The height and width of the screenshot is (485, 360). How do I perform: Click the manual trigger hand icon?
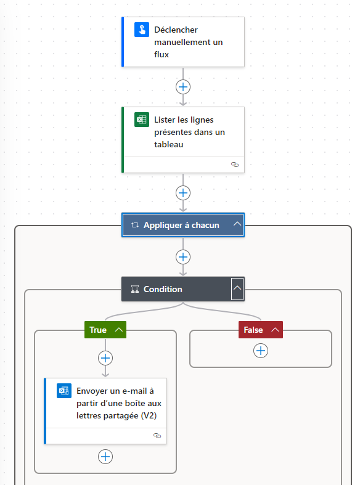click(x=142, y=30)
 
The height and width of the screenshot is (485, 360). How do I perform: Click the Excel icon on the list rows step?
click(x=142, y=120)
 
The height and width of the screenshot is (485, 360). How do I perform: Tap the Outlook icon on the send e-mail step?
click(x=64, y=391)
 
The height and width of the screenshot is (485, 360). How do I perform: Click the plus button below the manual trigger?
click(x=183, y=87)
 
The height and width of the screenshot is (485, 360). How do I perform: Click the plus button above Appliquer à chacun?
click(x=183, y=193)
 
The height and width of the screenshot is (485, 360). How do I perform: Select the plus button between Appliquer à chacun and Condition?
click(x=183, y=257)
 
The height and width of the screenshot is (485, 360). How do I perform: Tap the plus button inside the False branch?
click(x=261, y=351)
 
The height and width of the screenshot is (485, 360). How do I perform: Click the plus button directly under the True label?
click(x=105, y=358)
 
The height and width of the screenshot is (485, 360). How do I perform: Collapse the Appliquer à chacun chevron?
click(x=237, y=224)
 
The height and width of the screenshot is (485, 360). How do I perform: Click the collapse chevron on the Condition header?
click(x=237, y=288)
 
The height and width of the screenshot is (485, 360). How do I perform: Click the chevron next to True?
click(x=119, y=330)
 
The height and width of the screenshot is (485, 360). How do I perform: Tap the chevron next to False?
click(x=276, y=330)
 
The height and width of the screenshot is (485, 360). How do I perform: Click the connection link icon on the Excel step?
click(x=235, y=165)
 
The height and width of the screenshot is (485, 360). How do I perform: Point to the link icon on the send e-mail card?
click(x=157, y=436)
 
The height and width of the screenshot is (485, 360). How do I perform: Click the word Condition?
click(x=163, y=289)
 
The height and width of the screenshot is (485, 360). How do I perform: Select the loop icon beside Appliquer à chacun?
click(x=135, y=225)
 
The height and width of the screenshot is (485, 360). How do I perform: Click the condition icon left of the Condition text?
click(x=135, y=289)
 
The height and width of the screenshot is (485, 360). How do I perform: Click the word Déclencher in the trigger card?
click(x=176, y=30)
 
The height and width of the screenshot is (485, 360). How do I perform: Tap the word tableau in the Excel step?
click(x=168, y=144)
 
